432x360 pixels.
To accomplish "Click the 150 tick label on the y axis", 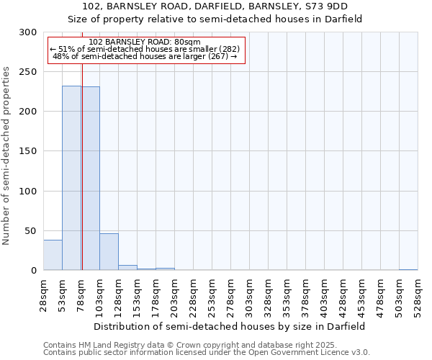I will pyautogui.click(x=28, y=151).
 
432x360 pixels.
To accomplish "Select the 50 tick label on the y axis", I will pyautogui.click(x=31, y=231).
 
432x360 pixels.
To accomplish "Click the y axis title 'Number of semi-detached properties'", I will pyautogui.click(x=7, y=156).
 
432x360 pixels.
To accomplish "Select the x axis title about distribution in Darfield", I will pyautogui.click(x=230, y=326).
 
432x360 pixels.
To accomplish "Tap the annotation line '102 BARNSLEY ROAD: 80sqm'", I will pyautogui.click(x=145, y=42).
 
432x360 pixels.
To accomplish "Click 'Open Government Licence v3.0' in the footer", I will pyautogui.click(x=307, y=353).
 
